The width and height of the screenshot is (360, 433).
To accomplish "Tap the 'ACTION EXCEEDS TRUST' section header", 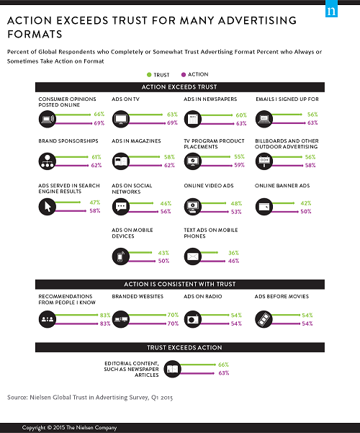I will click(179, 86).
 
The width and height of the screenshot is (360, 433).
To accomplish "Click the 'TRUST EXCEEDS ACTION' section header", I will click(179, 348).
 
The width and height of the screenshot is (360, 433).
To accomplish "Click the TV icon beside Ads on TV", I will click(120, 119).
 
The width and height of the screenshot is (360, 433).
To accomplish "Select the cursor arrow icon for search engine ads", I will click(48, 207).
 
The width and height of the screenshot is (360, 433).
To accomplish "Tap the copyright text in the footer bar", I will click(68, 427).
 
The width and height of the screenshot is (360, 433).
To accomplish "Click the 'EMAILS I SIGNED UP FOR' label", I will click(287, 98).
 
